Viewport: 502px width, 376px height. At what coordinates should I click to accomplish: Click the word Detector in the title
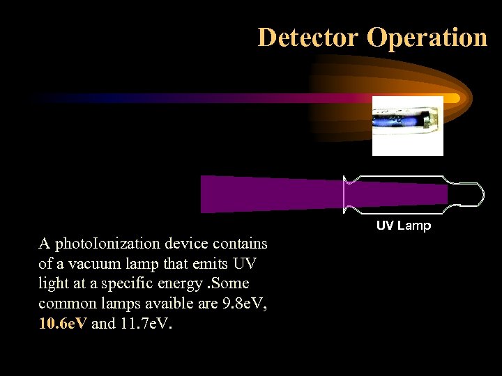tap(309, 37)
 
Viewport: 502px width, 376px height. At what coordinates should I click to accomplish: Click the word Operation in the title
tap(427, 37)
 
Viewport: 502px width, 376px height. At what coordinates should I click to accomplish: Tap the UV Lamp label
tap(404, 226)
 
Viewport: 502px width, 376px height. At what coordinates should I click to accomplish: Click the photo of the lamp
tap(407, 125)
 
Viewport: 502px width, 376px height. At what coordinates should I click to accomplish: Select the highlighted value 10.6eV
tap(63, 324)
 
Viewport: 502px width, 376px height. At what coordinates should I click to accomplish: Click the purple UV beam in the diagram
tap(272, 194)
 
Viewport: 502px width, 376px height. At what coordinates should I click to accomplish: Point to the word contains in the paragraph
tap(240, 244)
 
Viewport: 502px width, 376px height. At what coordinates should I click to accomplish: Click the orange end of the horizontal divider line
tap(452, 98)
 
